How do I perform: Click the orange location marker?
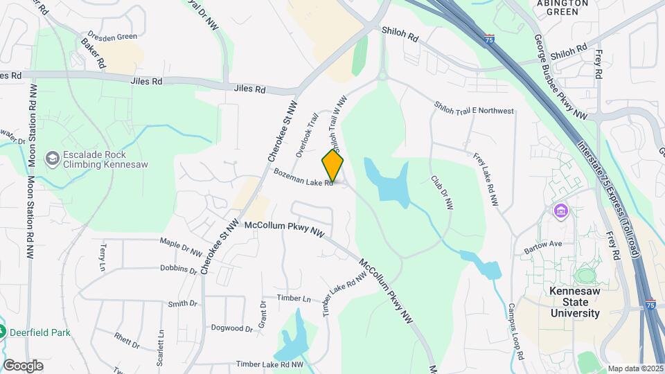point(332,166)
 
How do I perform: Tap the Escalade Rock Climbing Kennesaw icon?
point(52,159)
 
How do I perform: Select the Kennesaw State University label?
point(575,302)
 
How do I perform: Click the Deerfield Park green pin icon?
point(3,332)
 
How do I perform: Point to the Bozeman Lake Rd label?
point(303,178)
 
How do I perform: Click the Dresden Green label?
point(112,35)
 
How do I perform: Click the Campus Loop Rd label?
point(516,329)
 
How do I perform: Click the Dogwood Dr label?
point(232,328)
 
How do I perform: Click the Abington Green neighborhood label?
point(562,7)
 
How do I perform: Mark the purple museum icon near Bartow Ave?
point(560,210)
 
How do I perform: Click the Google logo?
point(23,365)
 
